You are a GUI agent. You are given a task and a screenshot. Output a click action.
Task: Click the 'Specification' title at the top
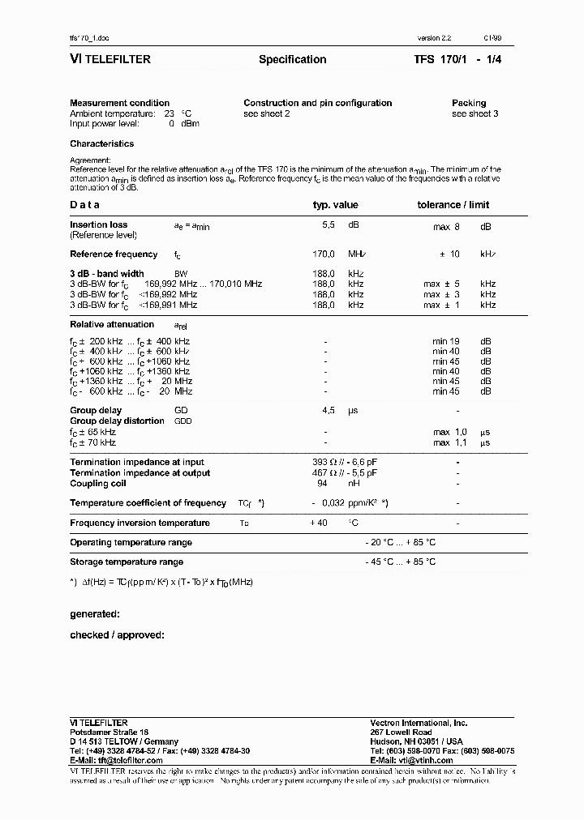pyautogui.click(x=292, y=59)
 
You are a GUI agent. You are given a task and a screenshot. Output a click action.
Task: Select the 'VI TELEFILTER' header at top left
pyautogui.click(x=110, y=59)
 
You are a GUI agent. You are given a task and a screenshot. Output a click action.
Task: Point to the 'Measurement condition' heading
pyautogui.click(x=120, y=103)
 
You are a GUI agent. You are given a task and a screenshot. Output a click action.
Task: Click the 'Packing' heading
pyautogui.click(x=469, y=103)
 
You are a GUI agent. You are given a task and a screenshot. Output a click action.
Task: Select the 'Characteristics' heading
pyautogui.click(x=102, y=143)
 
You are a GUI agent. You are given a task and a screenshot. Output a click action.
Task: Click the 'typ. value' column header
pyautogui.click(x=335, y=205)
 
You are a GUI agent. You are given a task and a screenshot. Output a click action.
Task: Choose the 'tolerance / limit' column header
pyautogui.click(x=453, y=205)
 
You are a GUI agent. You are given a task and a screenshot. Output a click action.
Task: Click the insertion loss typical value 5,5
pyautogui.click(x=328, y=227)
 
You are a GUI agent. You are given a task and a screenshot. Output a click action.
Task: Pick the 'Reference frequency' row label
pyautogui.click(x=114, y=254)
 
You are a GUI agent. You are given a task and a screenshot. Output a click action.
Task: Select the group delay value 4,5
pyautogui.click(x=328, y=411)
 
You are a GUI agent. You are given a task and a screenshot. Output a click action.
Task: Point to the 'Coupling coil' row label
pyautogui.click(x=99, y=484)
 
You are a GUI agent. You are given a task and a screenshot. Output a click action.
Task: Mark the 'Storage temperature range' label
pyautogui.click(x=127, y=562)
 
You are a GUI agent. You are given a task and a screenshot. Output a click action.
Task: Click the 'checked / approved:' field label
pyautogui.click(x=117, y=635)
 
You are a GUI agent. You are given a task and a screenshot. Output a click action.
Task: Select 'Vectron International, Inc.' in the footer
pyautogui.click(x=419, y=723)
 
